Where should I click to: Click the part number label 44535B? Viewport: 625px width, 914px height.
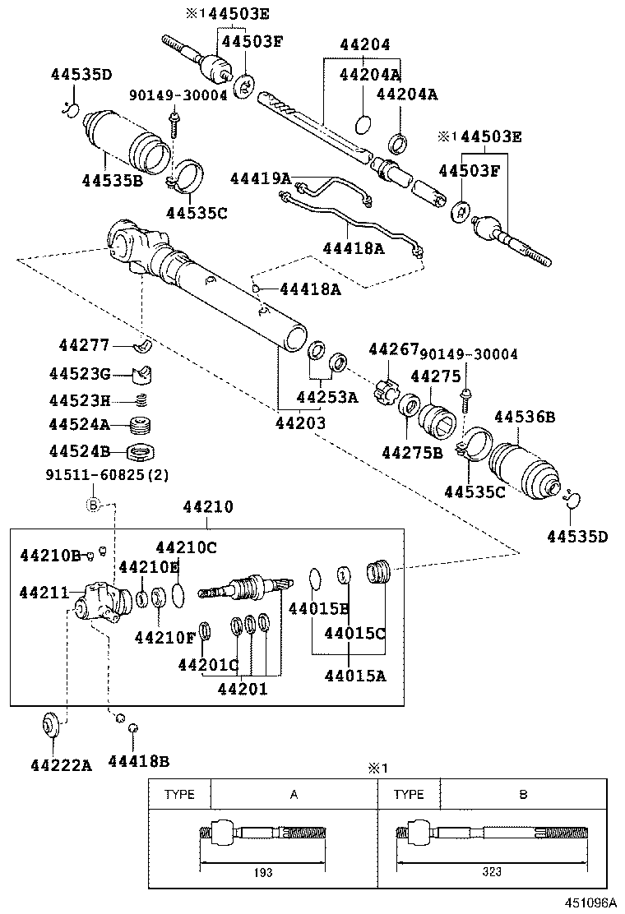(113, 179)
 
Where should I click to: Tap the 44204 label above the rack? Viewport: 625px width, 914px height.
(361, 45)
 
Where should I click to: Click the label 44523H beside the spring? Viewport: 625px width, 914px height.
(79, 400)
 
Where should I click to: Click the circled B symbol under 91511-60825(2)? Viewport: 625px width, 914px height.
(93, 504)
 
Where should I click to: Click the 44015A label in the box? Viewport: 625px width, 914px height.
(354, 676)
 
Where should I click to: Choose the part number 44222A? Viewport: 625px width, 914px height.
(62, 764)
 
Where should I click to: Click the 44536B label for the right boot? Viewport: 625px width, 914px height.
(523, 418)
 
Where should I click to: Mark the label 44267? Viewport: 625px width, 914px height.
(393, 349)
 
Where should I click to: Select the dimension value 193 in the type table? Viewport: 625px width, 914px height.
(264, 872)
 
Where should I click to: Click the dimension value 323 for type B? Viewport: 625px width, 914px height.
(491, 872)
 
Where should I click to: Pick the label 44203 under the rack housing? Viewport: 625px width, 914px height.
(299, 423)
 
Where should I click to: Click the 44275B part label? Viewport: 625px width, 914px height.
(412, 451)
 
